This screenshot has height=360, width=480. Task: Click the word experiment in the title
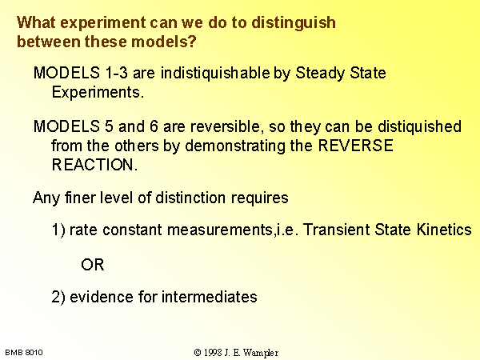point(102,23)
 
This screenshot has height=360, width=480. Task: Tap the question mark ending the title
point(192,42)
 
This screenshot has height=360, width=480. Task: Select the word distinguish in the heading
point(294,23)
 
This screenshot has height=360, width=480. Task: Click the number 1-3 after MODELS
point(116,73)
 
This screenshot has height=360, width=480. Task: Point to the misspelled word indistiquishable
point(215,74)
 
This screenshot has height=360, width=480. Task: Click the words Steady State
point(341,74)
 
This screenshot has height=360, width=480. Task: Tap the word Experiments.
point(98,93)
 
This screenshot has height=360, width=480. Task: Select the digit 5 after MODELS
point(109,126)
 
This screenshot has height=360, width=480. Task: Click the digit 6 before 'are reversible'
point(154,126)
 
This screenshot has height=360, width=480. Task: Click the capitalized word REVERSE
point(356,146)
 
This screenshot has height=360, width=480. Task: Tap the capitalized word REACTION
point(94,165)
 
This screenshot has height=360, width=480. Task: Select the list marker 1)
point(58,230)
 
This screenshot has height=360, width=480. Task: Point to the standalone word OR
point(93,265)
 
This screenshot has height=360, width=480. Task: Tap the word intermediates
point(209,297)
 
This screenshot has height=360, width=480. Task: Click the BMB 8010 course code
point(24,353)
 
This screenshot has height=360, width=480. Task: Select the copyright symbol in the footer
point(198,353)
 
